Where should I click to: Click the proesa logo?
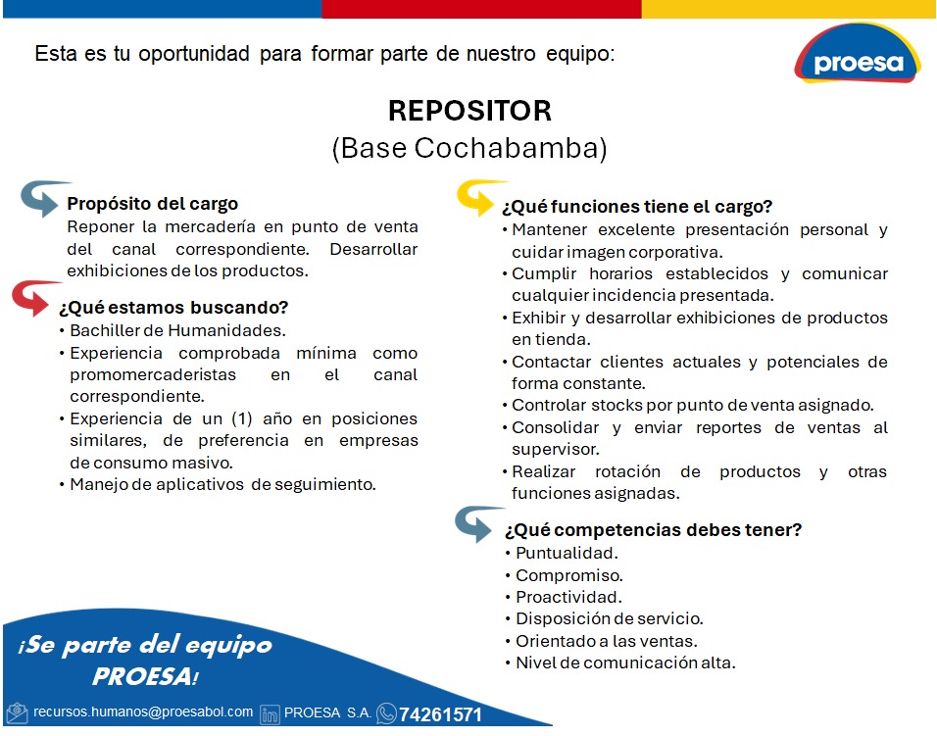(858, 54)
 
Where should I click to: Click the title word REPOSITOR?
(469, 111)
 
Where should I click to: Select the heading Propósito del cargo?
(152, 204)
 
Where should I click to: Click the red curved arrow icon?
(34, 297)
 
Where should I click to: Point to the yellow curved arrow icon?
(480, 196)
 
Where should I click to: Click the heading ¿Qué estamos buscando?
(173, 307)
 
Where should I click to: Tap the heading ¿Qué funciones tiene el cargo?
(637, 207)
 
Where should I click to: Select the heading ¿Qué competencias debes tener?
(653, 530)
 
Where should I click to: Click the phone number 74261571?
(440, 714)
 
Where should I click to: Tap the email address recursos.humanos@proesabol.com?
(143, 712)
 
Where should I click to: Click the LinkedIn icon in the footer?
(270, 713)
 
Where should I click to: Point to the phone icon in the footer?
(386, 713)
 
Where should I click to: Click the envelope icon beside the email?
(17, 712)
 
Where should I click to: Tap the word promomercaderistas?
(153, 375)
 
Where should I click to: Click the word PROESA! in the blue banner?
(145, 677)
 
